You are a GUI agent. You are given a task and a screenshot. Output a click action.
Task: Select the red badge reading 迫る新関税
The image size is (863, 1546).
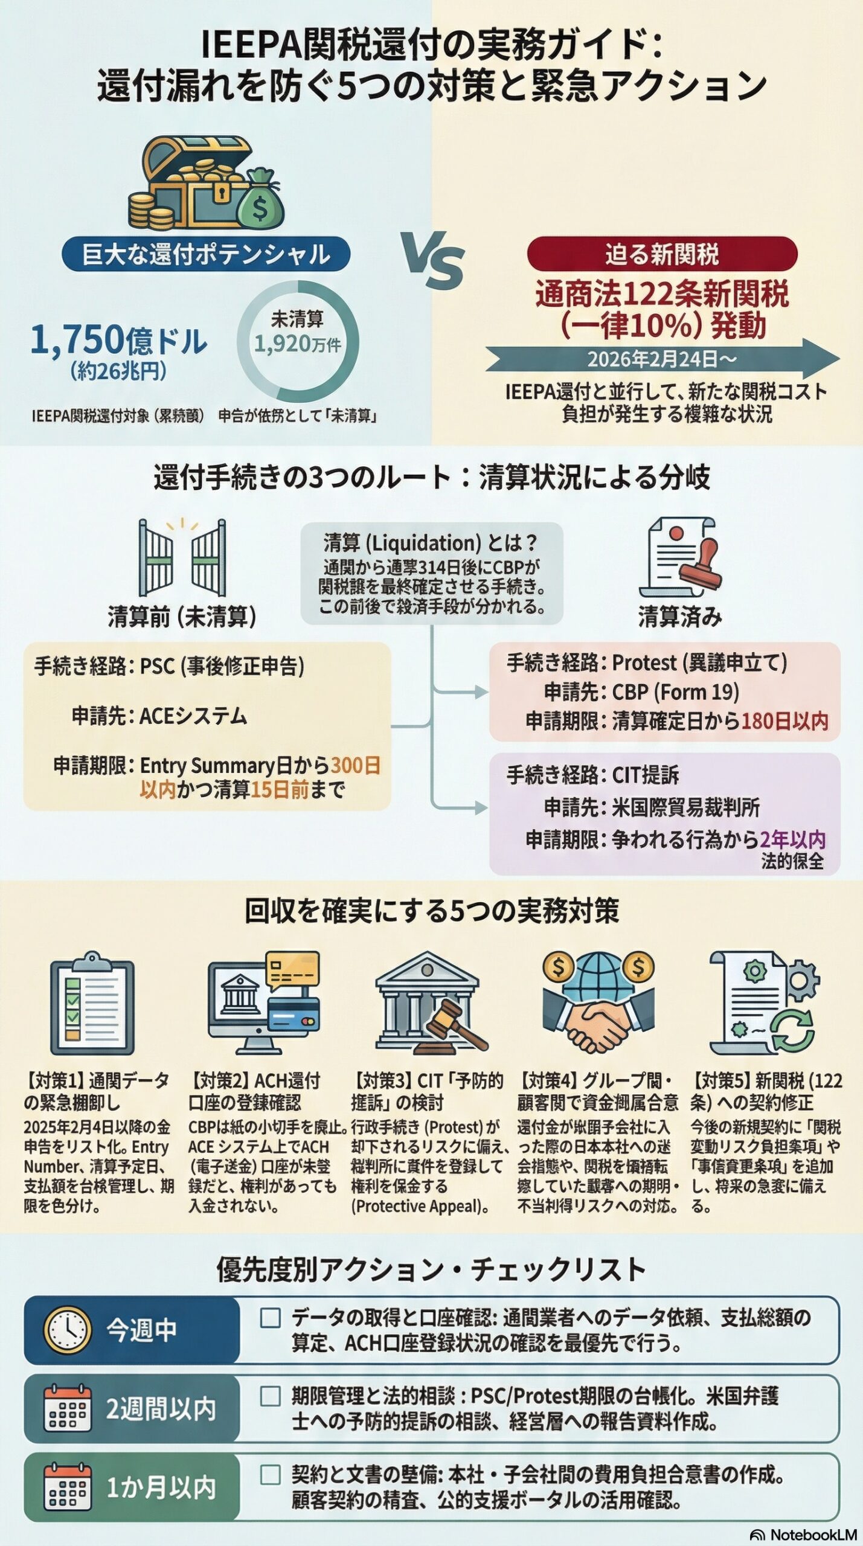(662, 254)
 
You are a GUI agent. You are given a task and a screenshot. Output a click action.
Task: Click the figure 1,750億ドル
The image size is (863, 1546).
(118, 339)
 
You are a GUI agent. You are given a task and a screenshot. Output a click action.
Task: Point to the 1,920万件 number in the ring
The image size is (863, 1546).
(297, 344)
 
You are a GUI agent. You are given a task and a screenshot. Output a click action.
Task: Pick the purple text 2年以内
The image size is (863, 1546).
(792, 839)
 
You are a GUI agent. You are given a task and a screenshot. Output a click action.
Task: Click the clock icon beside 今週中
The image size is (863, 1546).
(68, 1330)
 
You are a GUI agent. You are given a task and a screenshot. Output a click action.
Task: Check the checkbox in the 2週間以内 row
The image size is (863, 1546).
(269, 1397)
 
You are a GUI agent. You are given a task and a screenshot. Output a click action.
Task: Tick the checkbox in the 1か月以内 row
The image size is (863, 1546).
(269, 1474)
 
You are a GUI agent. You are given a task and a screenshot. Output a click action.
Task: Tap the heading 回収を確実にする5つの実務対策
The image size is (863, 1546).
(431, 911)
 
